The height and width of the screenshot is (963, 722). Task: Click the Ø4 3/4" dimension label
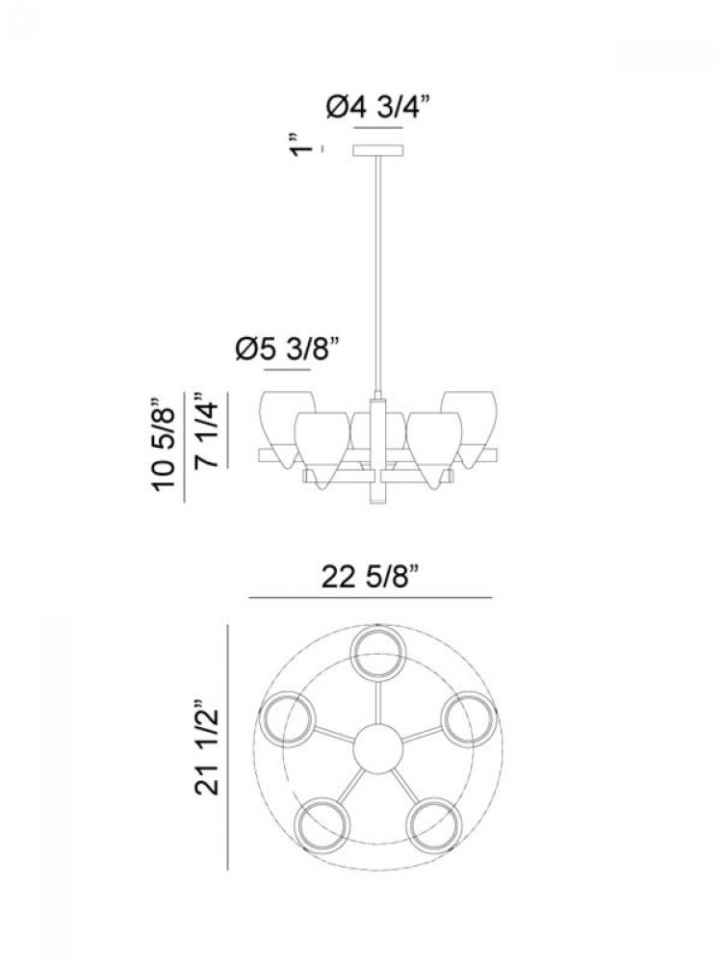click(375, 108)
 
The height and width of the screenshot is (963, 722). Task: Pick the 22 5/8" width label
click(370, 577)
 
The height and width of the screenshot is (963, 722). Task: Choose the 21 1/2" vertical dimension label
click(207, 747)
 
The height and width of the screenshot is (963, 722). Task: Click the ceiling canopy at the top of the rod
click(378, 150)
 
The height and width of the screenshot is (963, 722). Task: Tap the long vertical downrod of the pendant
click(378, 274)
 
